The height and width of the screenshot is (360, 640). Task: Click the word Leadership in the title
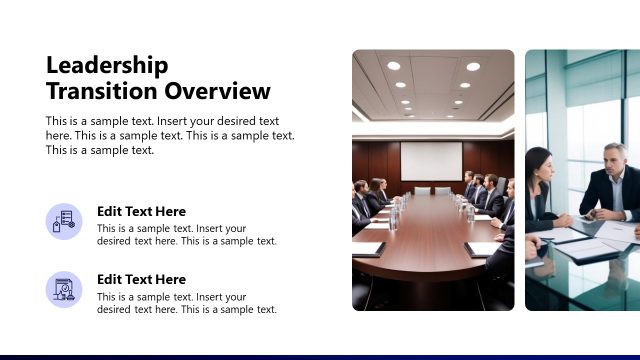point(107,66)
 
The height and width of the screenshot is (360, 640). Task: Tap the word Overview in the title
point(217,92)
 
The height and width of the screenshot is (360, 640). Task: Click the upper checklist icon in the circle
point(64,221)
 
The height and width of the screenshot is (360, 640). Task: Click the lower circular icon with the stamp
point(64,289)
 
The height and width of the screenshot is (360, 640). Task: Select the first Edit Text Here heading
point(141,211)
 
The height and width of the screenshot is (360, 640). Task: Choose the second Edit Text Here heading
point(141,279)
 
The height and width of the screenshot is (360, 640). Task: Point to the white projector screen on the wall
point(431,161)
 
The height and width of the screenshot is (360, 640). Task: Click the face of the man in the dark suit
point(615,159)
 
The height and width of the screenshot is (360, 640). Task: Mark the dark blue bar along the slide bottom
point(320,357)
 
